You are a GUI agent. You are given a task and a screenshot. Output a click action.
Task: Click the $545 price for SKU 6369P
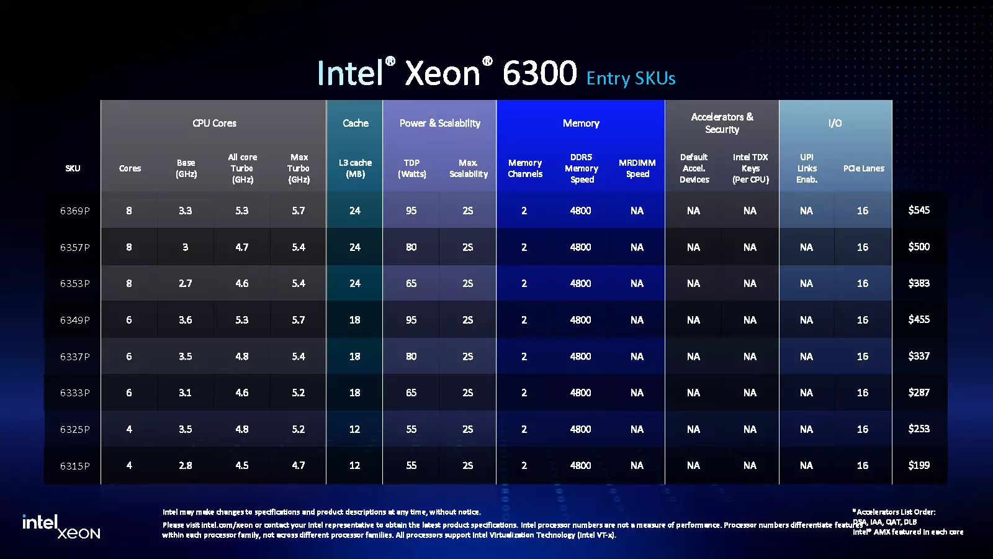[919, 210]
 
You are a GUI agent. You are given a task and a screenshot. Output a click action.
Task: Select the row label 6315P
[74, 466]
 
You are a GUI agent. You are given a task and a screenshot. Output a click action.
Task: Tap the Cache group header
[355, 123]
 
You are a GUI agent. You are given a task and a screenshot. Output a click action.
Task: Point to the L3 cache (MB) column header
[355, 168]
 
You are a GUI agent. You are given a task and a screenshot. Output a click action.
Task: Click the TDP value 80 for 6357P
[411, 247]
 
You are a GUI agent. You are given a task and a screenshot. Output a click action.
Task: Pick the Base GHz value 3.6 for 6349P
[185, 320]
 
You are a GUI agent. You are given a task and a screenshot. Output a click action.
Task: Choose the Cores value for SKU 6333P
[129, 393]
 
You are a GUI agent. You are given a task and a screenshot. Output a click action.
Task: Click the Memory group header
[581, 123]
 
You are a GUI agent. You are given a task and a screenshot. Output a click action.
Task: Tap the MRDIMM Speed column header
[637, 168]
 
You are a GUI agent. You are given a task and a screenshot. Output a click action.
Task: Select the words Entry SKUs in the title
[631, 78]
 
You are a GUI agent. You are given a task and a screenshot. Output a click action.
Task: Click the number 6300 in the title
[539, 73]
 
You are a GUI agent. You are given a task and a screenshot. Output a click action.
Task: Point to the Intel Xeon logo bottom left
[61, 526]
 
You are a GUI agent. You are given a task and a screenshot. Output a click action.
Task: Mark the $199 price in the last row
[919, 465]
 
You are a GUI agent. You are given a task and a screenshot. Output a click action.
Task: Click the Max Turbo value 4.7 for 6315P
[299, 465]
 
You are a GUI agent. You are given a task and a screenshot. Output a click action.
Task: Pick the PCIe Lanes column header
[863, 168]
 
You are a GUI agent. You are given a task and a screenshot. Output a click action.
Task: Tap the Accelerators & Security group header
[722, 123]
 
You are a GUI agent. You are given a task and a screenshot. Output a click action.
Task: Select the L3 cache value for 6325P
[354, 429]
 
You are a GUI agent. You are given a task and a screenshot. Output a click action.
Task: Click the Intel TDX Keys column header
[750, 168]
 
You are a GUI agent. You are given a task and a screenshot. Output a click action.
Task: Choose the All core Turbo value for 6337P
[241, 357]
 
